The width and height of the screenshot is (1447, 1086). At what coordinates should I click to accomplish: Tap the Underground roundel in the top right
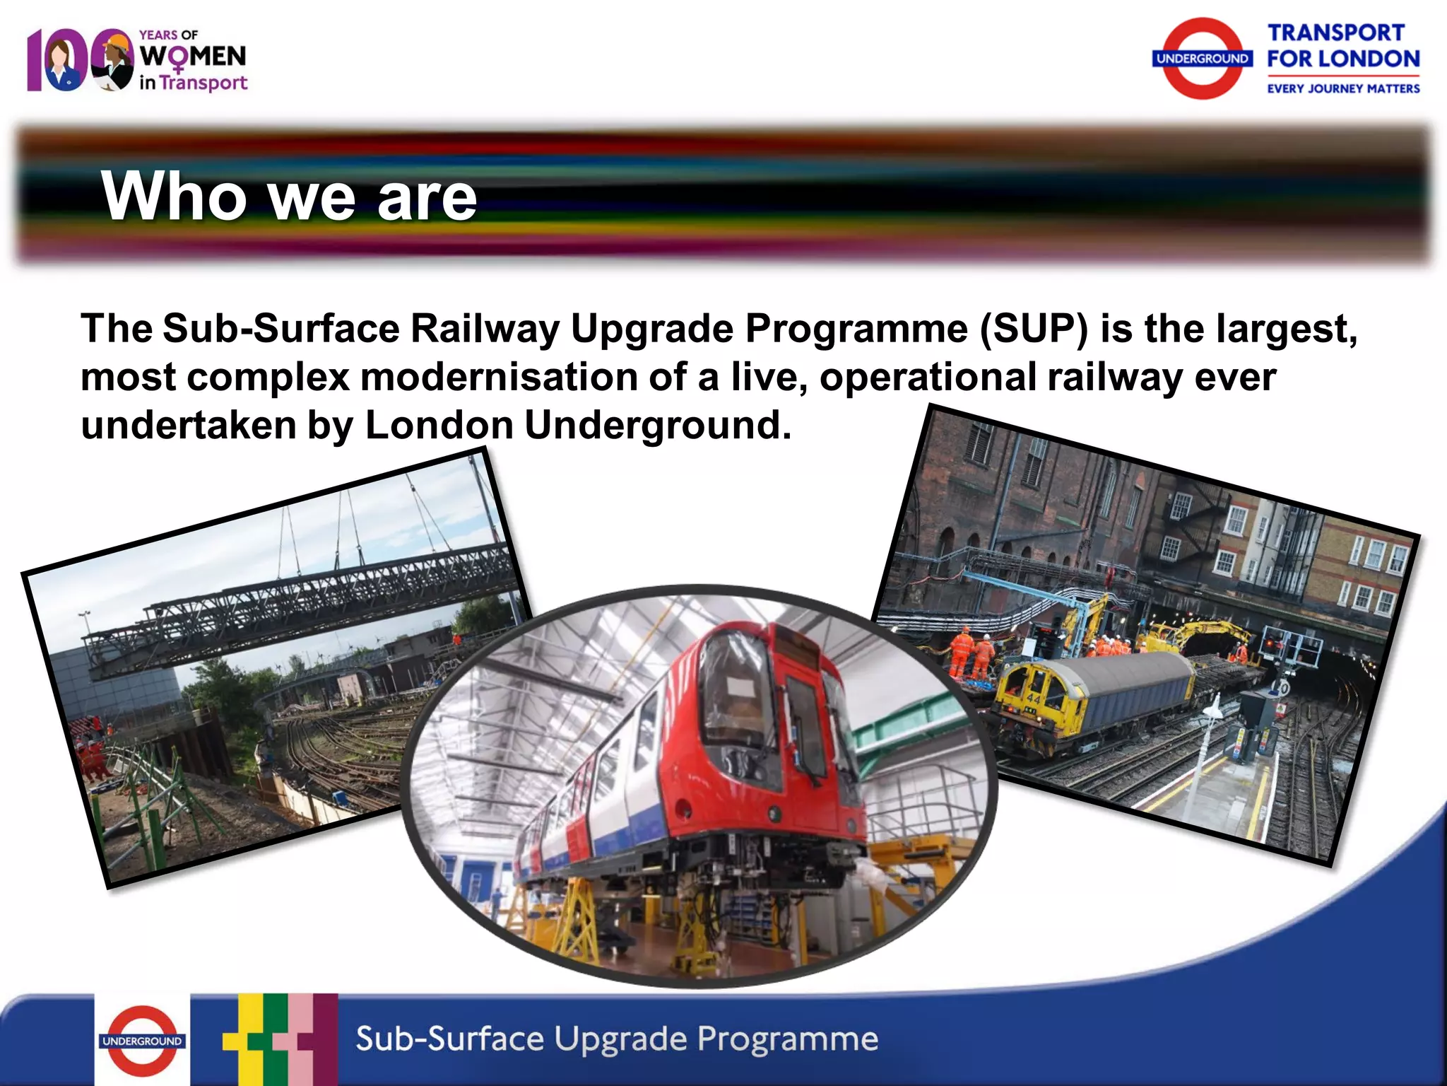point(1203,59)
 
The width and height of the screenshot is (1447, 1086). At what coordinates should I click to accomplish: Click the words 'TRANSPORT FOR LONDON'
point(1342,46)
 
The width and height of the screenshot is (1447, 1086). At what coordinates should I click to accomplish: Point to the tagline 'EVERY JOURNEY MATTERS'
point(1342,88)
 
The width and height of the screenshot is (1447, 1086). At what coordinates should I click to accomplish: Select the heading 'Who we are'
point(289,196)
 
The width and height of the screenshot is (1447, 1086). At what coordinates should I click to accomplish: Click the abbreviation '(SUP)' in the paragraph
point(1034,329)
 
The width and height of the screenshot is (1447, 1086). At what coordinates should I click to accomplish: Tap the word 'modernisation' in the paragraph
point(499,377)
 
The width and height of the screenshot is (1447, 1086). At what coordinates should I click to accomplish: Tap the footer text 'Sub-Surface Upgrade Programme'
point(616,1039)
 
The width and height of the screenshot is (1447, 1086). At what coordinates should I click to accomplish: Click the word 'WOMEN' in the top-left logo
point(193,57)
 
